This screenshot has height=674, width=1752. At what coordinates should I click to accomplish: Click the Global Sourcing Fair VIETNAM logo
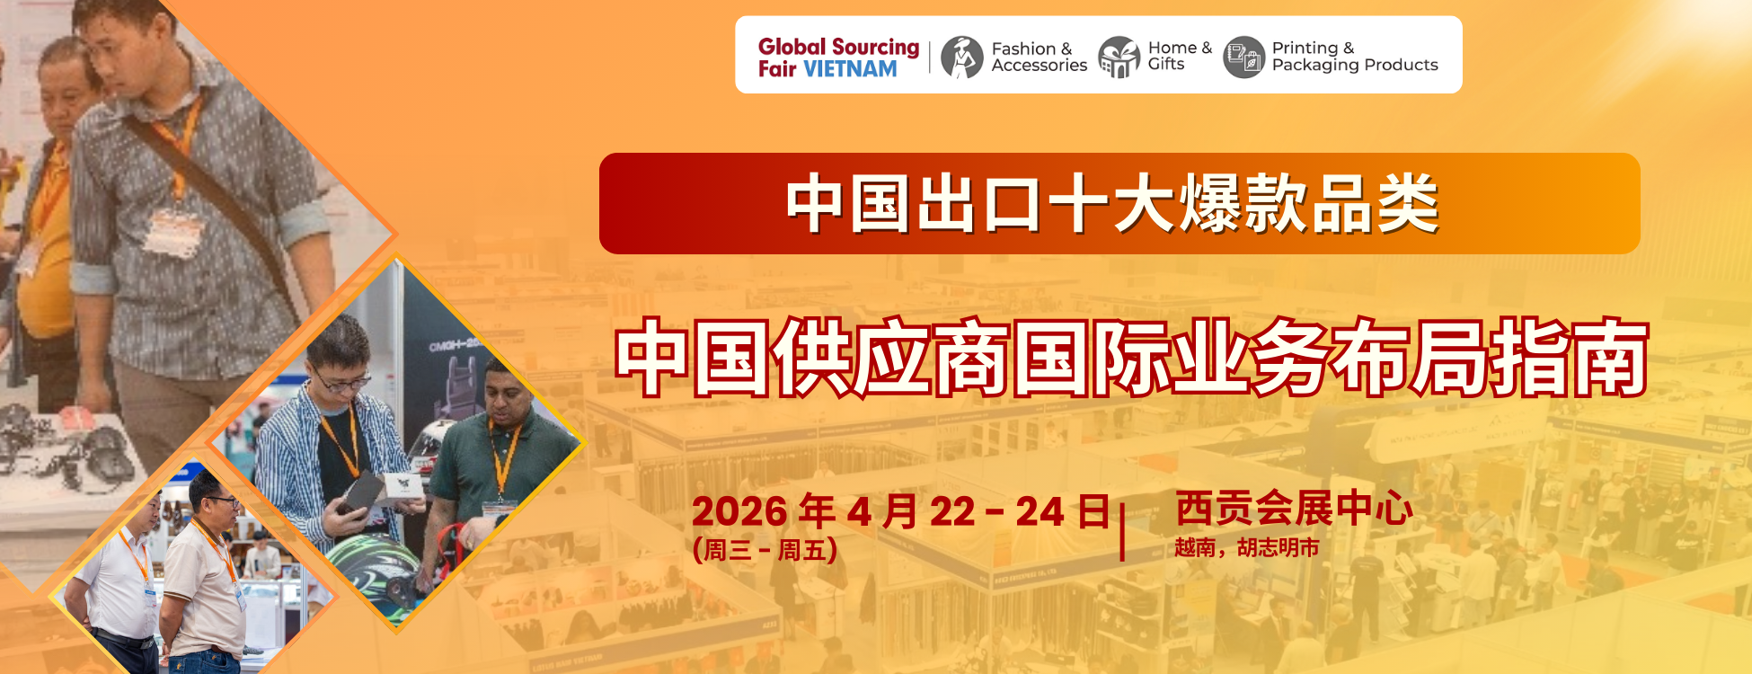click(838, 58)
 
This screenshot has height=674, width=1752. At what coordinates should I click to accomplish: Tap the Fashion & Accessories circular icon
click(962, 57)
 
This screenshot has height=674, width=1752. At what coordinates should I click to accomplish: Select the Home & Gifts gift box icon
click(1119, 57)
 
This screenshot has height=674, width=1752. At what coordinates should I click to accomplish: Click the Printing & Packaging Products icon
click(1244, 57)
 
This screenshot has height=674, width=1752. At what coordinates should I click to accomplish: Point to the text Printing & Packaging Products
click(1355, 57)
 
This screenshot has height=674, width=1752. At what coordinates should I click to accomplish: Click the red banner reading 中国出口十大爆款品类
click(1119, 203)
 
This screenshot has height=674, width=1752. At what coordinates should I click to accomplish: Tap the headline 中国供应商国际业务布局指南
click(1132, 358)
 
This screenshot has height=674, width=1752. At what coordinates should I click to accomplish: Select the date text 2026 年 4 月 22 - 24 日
click(901, 511)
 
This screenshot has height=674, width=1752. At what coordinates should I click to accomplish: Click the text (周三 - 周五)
click(765, 549)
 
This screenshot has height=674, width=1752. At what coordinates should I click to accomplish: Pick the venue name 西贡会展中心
click(1294, 509)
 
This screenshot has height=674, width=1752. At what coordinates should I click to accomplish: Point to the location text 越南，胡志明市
click(1247, 547)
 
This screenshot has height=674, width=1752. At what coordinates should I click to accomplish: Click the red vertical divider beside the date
click(1122, 532)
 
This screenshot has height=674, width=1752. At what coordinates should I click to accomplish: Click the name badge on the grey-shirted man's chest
click(173, 233)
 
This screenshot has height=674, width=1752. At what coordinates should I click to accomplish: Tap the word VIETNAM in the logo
click(850, 69)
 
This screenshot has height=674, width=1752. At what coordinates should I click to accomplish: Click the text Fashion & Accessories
click(1039, 57)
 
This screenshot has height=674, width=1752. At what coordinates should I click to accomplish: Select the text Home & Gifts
click(1180, 56)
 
